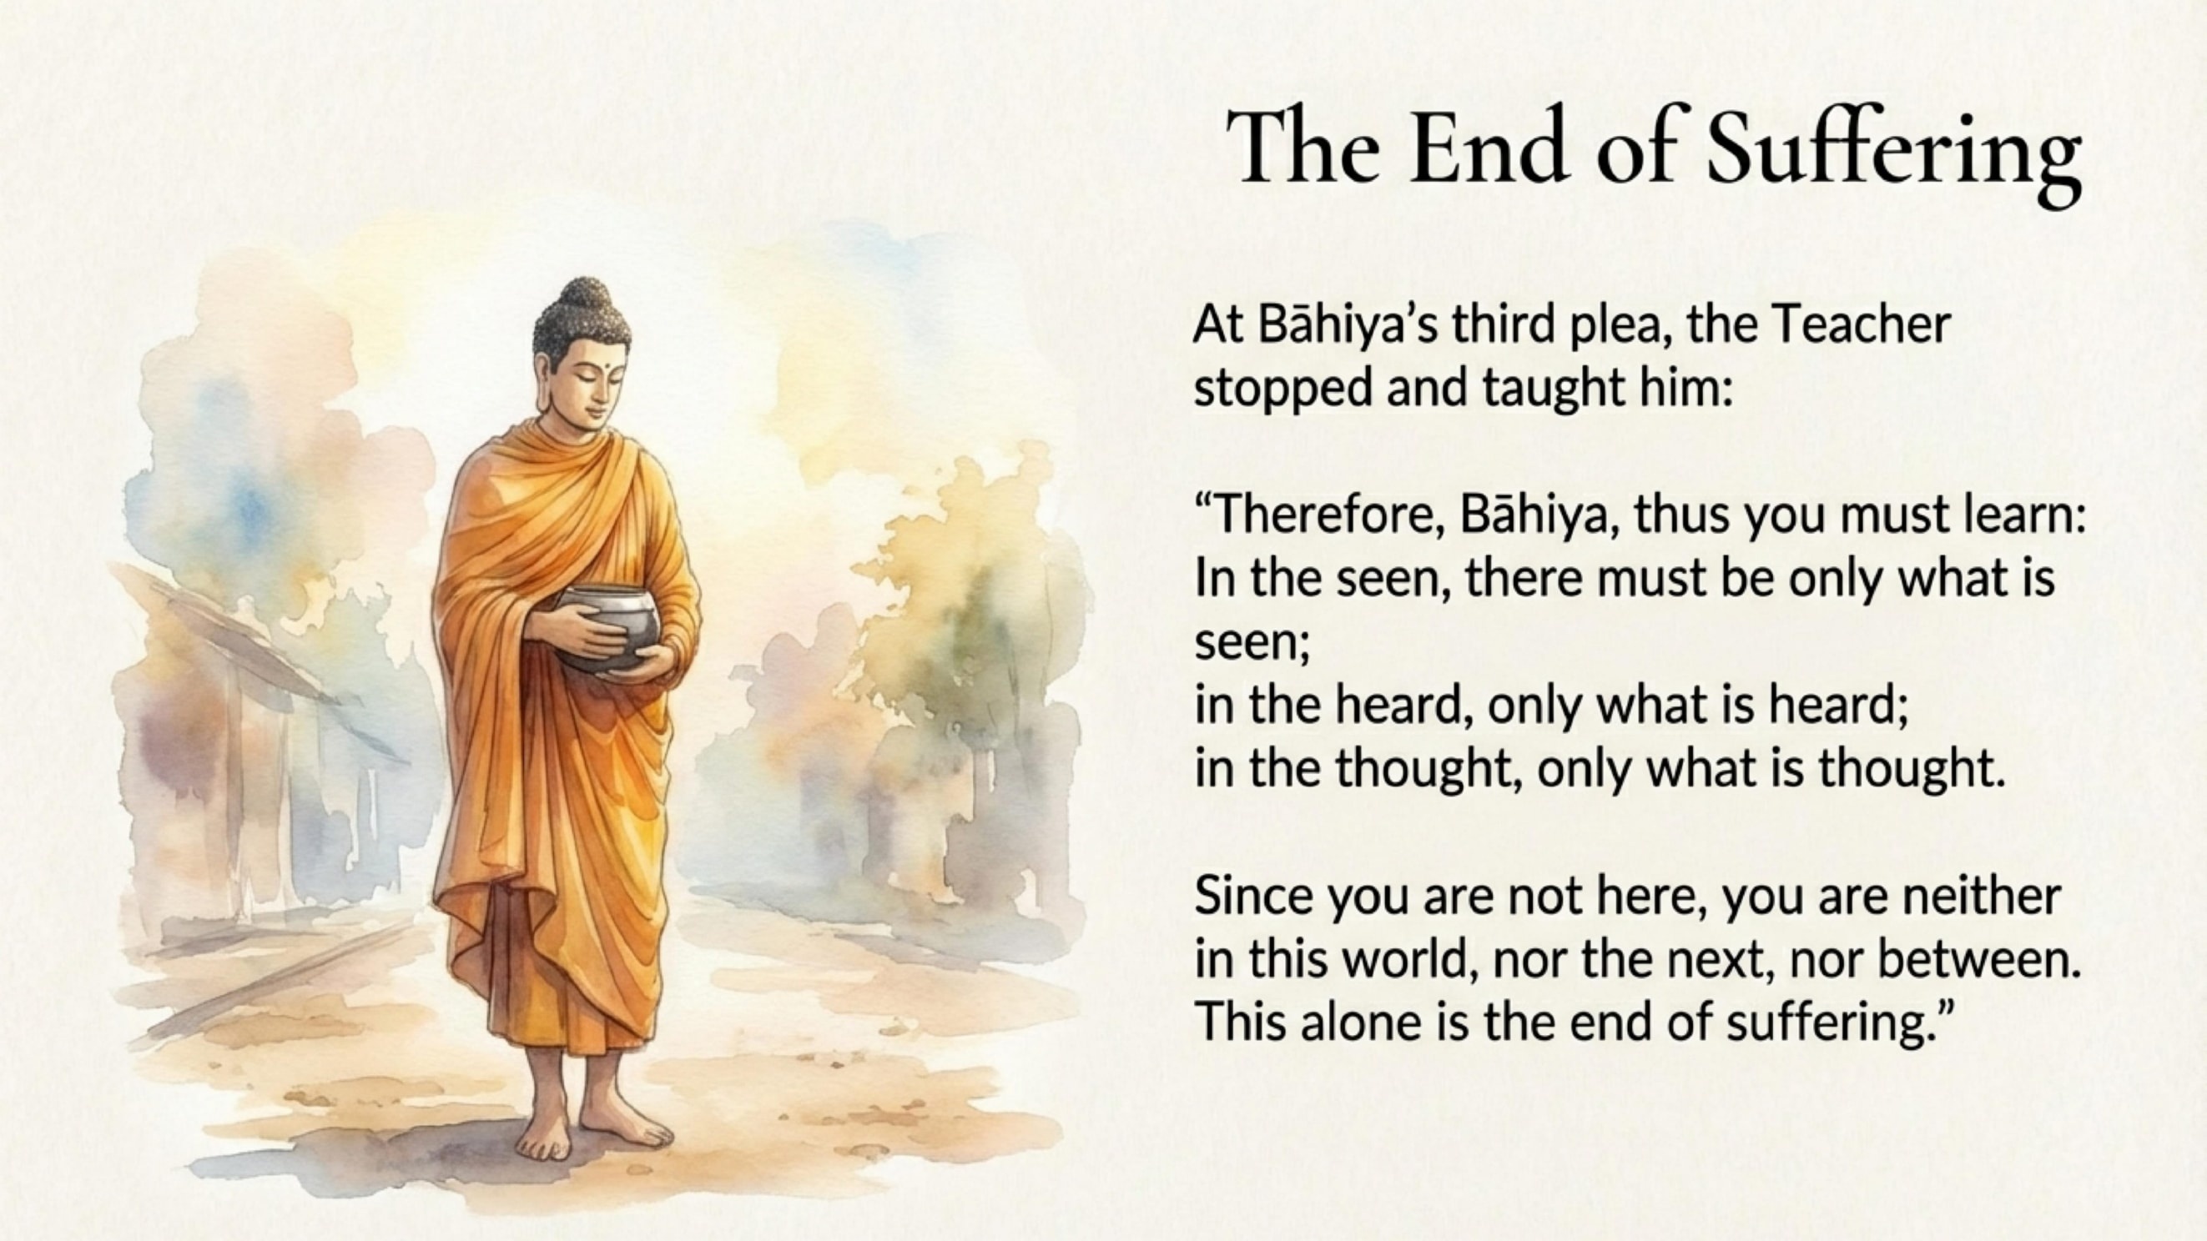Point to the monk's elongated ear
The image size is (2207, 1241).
point(542,385)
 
